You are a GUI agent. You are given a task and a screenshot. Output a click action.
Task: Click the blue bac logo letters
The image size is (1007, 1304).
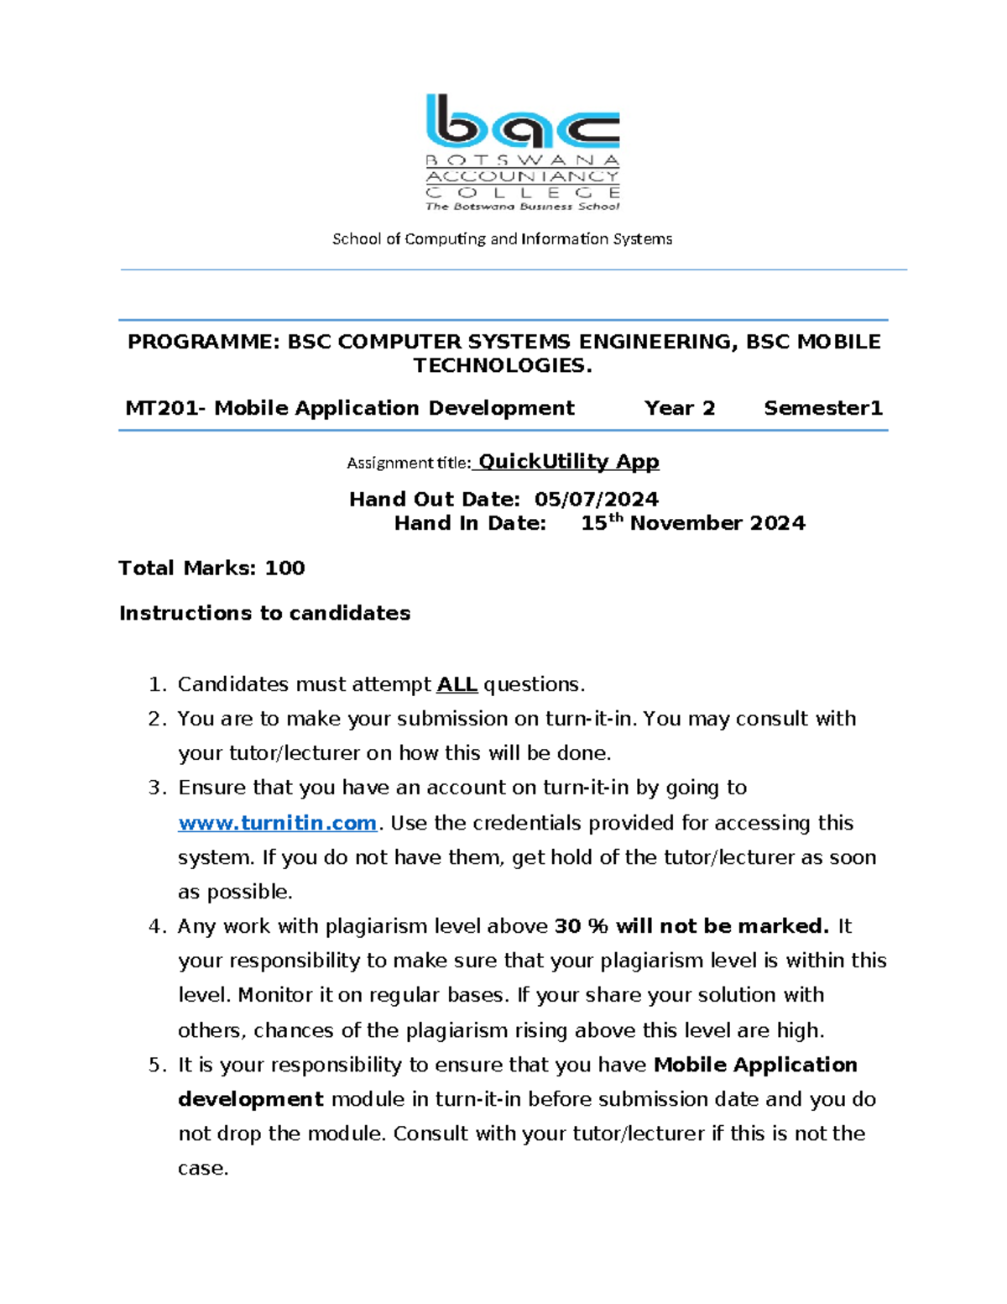[x=522, y=123]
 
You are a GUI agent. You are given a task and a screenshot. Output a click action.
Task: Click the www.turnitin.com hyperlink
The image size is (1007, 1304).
[x=277, y=823]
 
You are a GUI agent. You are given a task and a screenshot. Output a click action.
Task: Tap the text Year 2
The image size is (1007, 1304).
[x=679, y=408]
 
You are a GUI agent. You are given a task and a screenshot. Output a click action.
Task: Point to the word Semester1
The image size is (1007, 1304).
[x=822, y=408]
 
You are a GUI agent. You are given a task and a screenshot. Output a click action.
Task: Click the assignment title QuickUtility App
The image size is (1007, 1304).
[x=568, y=462]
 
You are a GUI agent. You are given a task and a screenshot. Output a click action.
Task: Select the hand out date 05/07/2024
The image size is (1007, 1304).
[x=596, y=500]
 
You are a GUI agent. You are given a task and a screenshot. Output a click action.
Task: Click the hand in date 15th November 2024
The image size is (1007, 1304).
[x=692, y=523]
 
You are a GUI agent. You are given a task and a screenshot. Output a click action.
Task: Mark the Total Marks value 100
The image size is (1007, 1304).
[x=284, y=568]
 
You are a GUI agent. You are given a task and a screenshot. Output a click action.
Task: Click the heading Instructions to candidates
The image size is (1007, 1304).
[x=264, y=613]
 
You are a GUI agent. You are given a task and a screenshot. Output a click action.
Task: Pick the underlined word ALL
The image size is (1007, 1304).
[x=457, y=684]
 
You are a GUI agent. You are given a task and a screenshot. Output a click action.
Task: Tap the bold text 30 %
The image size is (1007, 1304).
[x=581, y=926]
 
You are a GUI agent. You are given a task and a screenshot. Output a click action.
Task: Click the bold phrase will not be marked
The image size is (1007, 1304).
[x=722, y=926]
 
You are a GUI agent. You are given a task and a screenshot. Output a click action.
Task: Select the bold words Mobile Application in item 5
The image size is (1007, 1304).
[x=755, y=1065]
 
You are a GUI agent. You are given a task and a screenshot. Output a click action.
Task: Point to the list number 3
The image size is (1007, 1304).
[x=155, y=788]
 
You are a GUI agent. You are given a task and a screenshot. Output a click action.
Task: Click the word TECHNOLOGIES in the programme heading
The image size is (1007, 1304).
[x=501, y=365]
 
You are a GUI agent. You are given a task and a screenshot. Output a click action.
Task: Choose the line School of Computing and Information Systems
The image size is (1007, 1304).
[x=502, y=239]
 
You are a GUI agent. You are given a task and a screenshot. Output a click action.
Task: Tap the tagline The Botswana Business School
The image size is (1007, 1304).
[x=522, y=206]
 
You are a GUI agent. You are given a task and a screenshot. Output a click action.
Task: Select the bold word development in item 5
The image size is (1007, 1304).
[x=250, y=1099]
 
